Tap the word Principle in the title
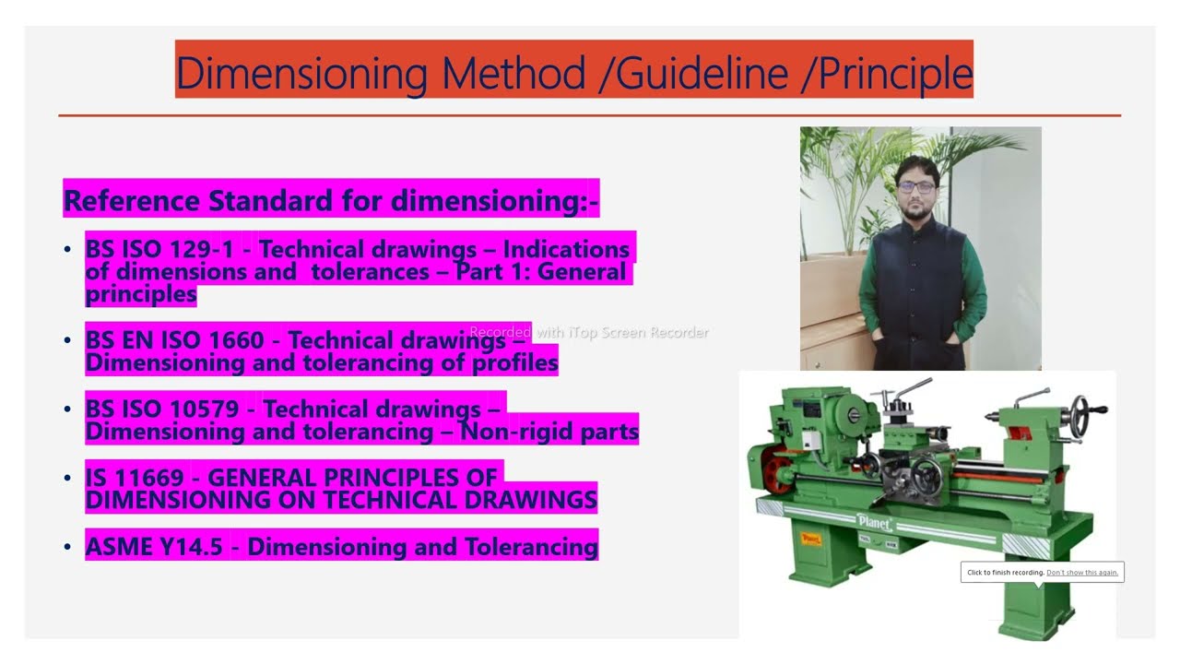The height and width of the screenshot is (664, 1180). (887, 72)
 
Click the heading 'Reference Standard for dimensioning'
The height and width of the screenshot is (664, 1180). (331, 200)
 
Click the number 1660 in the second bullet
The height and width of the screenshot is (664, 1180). (235, 340)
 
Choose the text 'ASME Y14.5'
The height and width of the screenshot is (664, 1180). (154, 546)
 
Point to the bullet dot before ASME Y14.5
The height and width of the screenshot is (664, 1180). (67, 547)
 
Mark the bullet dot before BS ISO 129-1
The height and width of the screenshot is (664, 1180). (67, 250)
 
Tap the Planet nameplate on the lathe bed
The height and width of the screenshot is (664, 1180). (874, 522)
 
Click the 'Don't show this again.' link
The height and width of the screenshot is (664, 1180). (1082, 573)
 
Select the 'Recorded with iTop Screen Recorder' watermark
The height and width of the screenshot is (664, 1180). (589, 332)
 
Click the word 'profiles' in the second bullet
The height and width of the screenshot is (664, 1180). (513, 363)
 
